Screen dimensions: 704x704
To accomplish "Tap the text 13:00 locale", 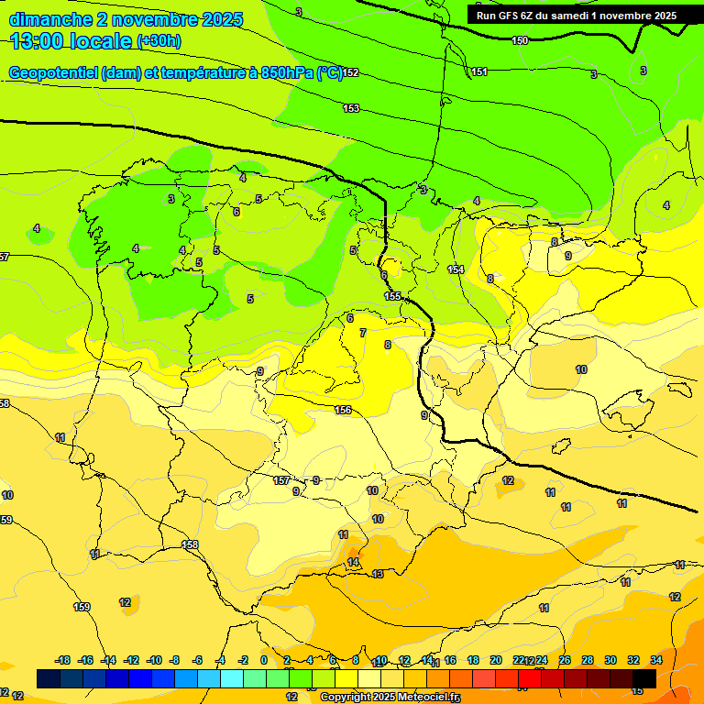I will pos(71,40).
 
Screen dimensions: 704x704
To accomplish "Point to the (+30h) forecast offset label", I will pos(159,41).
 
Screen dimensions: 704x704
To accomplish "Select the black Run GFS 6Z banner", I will pos(576,16).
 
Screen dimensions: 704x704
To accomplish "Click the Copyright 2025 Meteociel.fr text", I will pos(390,697).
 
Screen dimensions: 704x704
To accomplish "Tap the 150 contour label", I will pos(520,40).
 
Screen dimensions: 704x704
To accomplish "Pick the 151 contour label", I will pos(479,71).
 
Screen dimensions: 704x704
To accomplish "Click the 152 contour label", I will pos(350,73).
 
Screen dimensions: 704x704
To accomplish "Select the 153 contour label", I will pos(351,108).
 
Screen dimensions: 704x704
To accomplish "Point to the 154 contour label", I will pos(456,269).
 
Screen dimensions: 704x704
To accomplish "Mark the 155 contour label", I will pos(392,295).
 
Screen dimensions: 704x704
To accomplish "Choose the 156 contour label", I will pos(343,410).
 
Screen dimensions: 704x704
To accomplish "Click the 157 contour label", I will pos(281,480).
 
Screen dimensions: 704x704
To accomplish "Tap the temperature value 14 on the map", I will pos(353,562).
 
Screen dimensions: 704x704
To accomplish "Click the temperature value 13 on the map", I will pos(378,574).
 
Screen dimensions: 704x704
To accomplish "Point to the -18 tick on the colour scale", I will pos(62,660).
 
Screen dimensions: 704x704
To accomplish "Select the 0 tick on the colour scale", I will pos(264,660).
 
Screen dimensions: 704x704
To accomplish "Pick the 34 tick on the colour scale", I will pos(656,660).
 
